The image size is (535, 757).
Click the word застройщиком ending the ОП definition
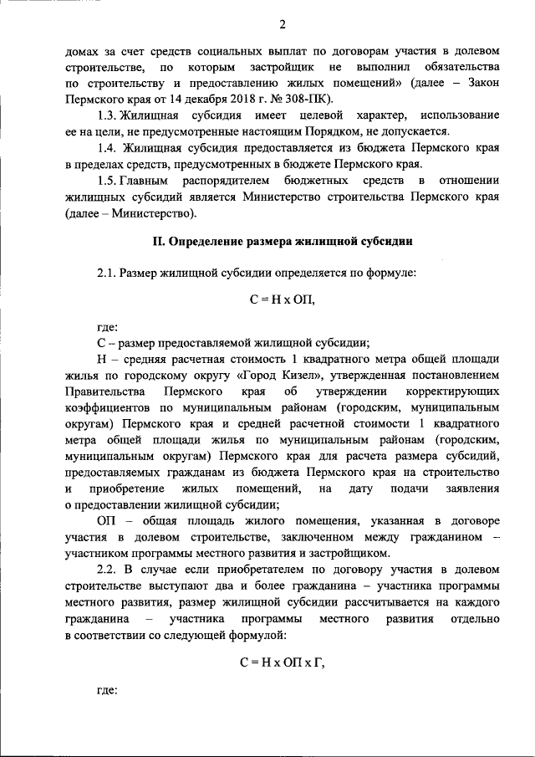coord(352,553)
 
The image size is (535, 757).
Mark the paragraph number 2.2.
coord(107,570)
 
